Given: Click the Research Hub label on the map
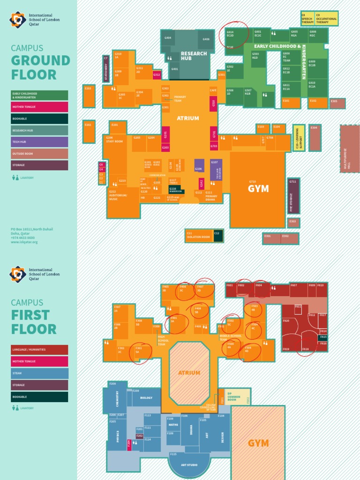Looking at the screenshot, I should [194, 56].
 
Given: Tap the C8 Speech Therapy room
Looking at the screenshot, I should [307, 18].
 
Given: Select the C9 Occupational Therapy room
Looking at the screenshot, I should [326, 18].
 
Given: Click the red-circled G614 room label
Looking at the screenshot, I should [230, 34].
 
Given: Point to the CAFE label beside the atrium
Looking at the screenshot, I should [213, 90].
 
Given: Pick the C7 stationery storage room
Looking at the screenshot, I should [106, 68].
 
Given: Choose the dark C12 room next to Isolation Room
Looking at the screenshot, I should [218, 235].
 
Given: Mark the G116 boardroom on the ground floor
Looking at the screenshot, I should [176, 189].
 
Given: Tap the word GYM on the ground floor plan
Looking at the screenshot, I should [258, 188].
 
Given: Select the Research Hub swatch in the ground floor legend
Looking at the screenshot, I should [40, 130].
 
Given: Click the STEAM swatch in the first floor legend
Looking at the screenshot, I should [40, 373].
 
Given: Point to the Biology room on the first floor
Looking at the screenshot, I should [146, 398].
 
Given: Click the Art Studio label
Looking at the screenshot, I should [189, 465].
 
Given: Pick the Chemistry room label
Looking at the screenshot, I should [117, 398].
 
